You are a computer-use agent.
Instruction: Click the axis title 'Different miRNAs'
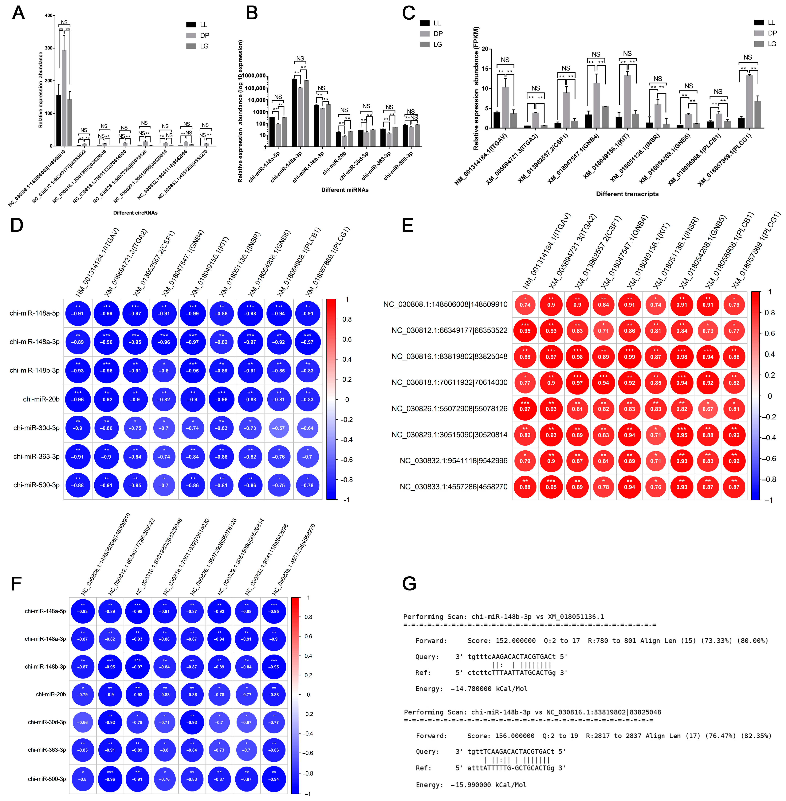click(345, 190)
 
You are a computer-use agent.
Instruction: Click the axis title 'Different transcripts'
click(627, 194)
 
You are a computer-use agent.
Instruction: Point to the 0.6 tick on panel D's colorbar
click(347, 339)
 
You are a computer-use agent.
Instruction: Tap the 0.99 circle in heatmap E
click(630, 356)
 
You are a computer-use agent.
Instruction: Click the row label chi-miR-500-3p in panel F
click(47, 779)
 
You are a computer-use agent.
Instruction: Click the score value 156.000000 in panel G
click(513, 736)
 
